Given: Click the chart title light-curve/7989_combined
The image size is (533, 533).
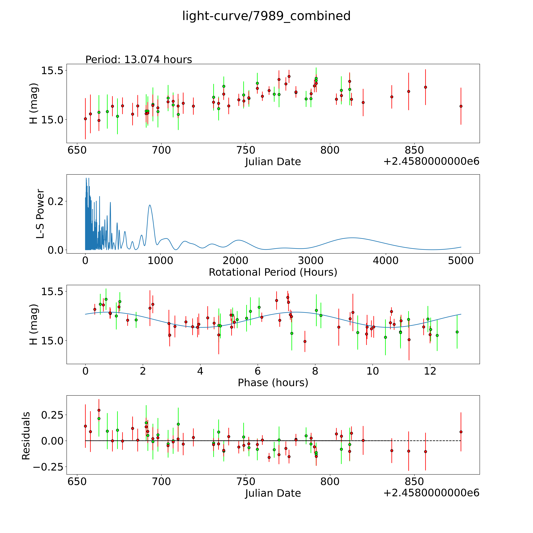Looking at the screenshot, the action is click(266, 16).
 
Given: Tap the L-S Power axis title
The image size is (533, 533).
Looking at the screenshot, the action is click(40, 214).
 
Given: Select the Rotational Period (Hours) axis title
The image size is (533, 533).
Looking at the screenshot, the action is click(273, 272).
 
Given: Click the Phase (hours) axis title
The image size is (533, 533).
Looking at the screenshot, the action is click(273, 383).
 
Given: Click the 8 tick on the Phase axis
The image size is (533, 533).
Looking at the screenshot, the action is click(315, 371).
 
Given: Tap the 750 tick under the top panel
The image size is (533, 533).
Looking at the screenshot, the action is click(246, 150).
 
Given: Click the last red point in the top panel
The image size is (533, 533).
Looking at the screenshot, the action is click(461, 106).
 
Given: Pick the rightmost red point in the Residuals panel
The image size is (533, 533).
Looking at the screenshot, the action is click(461, 432).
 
